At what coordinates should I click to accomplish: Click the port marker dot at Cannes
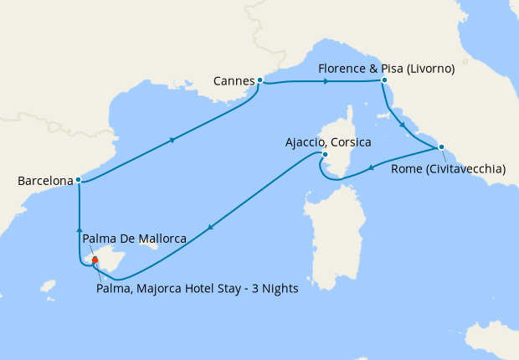point(260,80)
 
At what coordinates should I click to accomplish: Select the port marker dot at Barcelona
point(78,179)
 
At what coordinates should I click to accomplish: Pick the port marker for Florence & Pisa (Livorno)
point(383,80)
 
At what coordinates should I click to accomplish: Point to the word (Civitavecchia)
point(466,168)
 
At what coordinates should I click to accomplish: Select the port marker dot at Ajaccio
point(325,154)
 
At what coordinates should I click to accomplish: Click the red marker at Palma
point(95,260)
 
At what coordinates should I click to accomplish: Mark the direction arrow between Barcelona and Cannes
point(172,140)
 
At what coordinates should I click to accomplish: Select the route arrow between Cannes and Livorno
point(326,81)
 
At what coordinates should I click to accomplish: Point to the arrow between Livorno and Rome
point(403,126)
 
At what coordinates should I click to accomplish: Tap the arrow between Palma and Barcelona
point(79,228)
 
